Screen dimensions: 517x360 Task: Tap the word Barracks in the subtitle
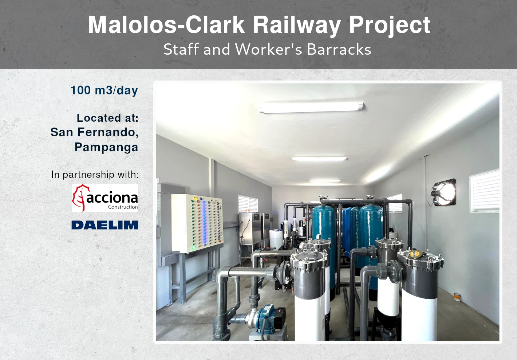339,49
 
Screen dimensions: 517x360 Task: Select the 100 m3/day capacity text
104,90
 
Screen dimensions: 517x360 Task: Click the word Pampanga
106,147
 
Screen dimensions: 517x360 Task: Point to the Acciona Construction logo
105,198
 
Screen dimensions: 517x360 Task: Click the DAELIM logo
105,225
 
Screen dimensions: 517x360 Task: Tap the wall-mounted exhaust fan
443,192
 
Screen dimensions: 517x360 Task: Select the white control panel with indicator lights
197,223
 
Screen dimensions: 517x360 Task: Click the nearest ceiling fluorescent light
311,107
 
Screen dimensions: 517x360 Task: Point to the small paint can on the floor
457,297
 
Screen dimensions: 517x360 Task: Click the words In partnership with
95,175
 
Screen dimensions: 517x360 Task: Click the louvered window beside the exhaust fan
485,191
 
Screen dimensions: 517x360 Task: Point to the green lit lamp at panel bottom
193,248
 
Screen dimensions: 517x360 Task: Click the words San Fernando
94,132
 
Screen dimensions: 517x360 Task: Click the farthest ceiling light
325,181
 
